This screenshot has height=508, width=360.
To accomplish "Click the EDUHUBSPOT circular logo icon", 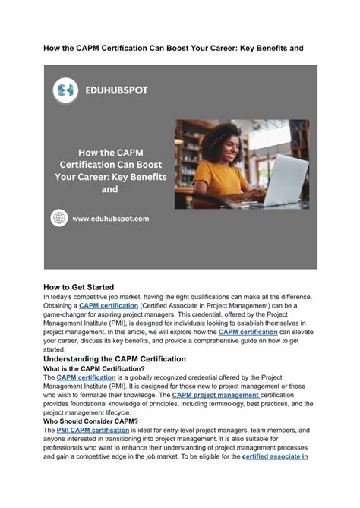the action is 65,90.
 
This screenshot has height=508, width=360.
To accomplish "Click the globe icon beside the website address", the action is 59,218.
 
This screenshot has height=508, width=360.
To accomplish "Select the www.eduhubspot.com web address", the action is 111,219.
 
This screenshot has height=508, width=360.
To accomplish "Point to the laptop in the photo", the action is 282,179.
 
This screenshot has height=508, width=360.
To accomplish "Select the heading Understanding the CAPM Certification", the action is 115,358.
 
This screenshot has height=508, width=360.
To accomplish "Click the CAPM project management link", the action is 216,395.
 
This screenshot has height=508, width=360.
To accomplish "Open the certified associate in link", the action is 274,458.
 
